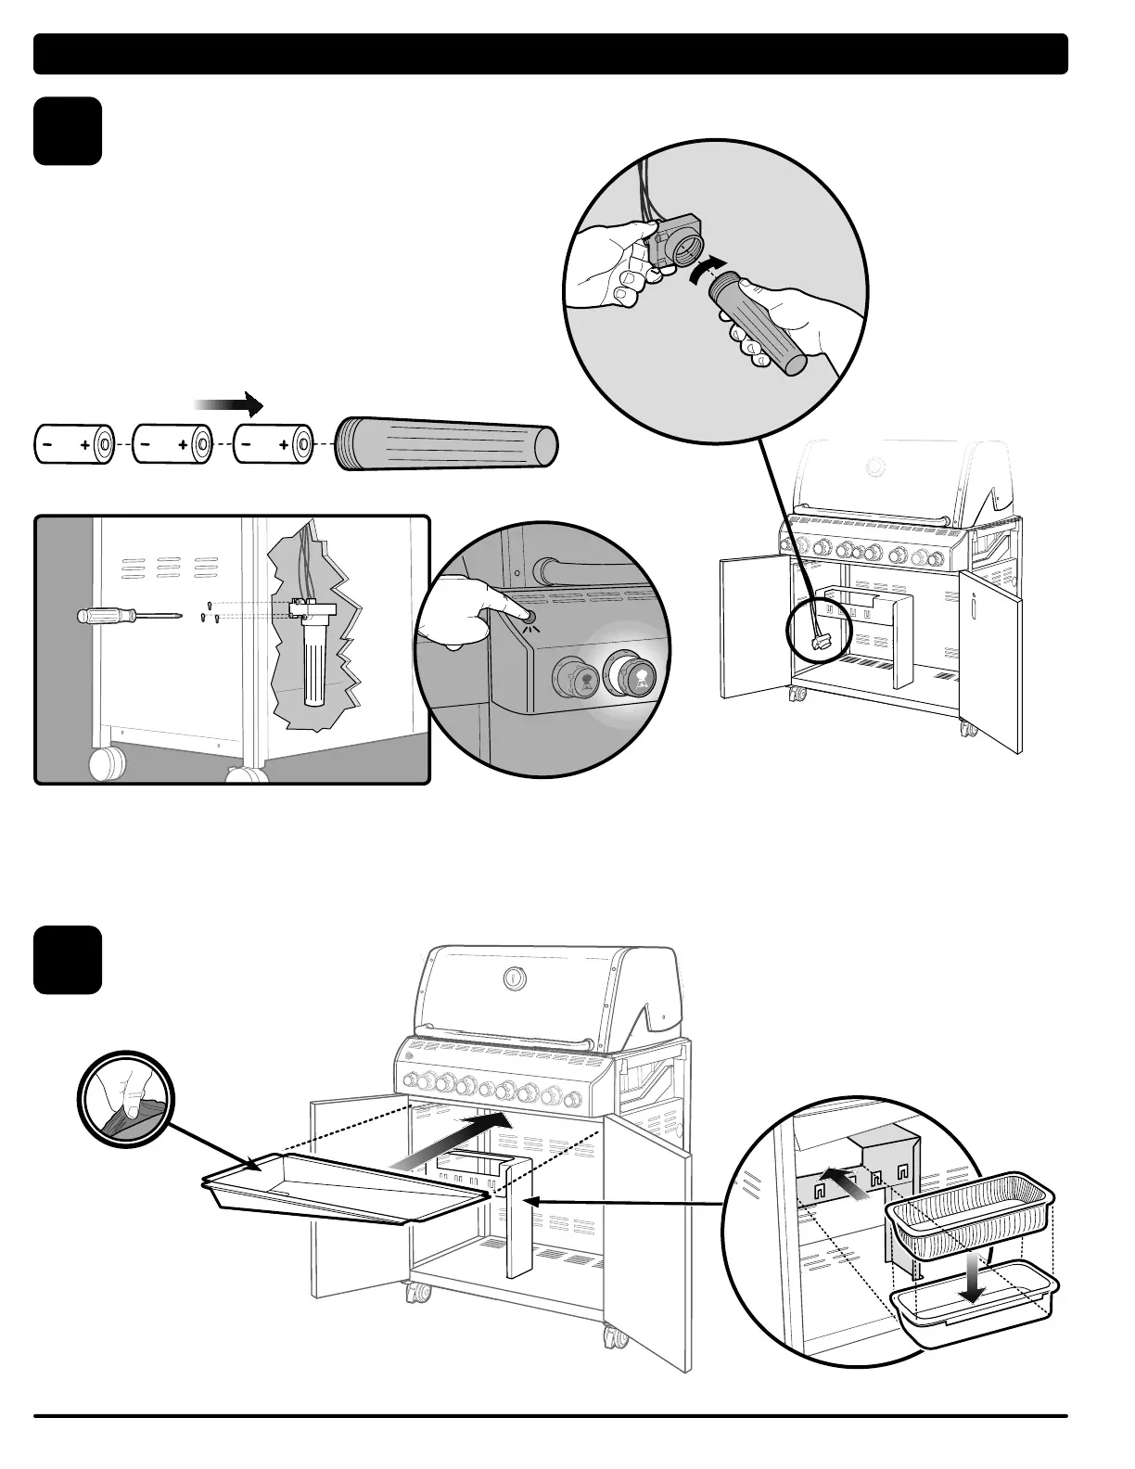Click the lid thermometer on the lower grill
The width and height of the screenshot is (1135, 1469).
513,977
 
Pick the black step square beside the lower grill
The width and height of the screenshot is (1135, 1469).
68,960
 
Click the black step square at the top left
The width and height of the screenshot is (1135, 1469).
68,131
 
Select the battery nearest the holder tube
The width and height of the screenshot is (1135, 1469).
274,445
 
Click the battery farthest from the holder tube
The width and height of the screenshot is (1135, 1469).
74,445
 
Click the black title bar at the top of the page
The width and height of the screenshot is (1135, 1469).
551,54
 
